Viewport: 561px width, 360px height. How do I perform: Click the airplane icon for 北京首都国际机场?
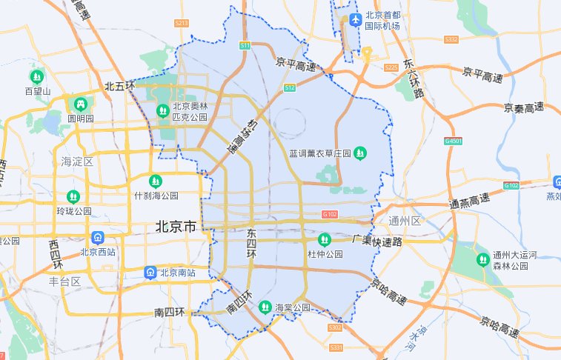click(x=356, y=19)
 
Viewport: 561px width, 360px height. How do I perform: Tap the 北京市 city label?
click(x=176, y=227)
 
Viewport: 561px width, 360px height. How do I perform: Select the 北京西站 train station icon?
click(x=96, y=238)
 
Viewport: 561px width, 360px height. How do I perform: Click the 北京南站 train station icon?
click(x=150, y=273)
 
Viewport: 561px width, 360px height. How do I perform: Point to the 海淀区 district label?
click(x=76, y=161)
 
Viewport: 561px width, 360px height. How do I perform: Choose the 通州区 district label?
click(x=405, y=221)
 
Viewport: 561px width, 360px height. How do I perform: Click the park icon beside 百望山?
click(x=37, y=76)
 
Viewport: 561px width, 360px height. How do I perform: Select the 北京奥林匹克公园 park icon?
click(x=162, y=111)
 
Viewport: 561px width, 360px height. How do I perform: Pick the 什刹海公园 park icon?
click(x=155, y=181)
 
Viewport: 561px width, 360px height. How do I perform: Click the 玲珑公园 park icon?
click(x=73, y=196)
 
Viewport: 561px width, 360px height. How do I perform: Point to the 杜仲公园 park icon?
click(x=325, y=240)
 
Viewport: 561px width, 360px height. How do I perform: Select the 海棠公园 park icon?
click(x=265, y=306)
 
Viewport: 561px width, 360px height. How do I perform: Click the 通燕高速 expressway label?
click(x=469, y=201)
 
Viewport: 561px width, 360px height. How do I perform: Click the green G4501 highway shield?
click(x=453, y=141)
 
